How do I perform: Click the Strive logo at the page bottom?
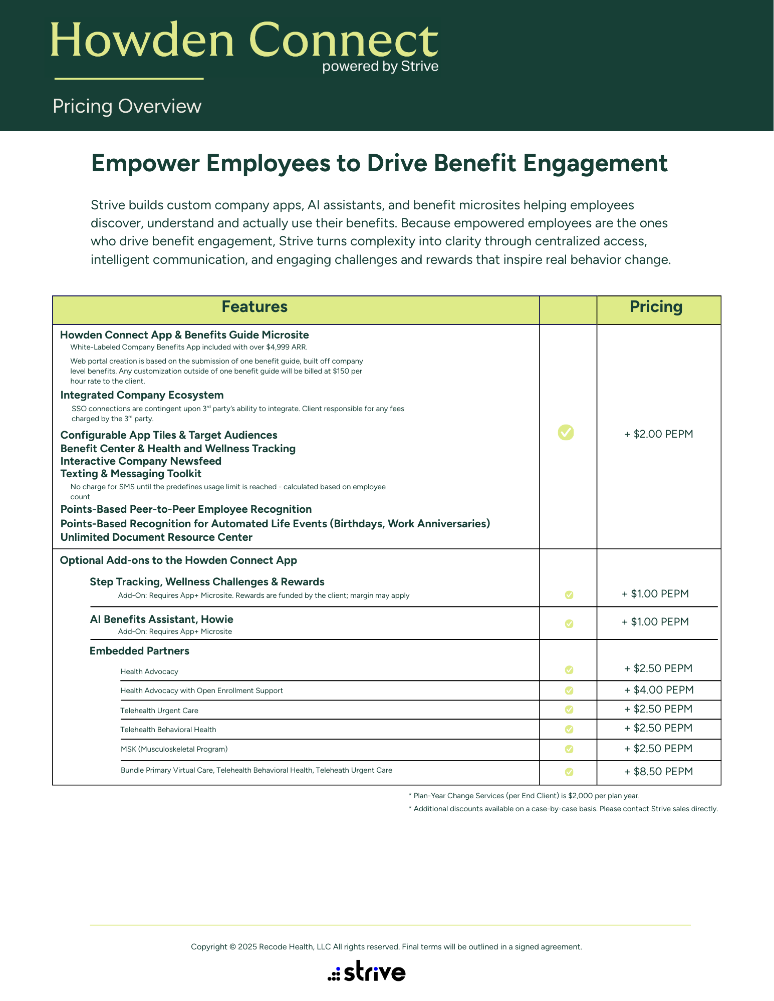click(x=367, y=971)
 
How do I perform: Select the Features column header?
click(x=254, y=307)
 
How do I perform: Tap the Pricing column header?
click(x=656, y=307)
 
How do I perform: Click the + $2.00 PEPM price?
click(x=658, y=434)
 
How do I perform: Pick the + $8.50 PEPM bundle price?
click(x=658, y=772)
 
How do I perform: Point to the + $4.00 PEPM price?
click(x=658, y=690)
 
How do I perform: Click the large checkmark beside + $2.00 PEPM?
click(x=566, y=433)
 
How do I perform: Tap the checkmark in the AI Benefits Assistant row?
click(x=569, y=624)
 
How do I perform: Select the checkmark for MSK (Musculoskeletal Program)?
click(x=569, y=749)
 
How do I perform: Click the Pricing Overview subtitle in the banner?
click(x=127, y=107)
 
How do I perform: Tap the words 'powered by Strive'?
click(x=380, y=67)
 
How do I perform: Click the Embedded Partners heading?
click(x=139, y=651)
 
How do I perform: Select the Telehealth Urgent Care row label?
click(x=159, y=711)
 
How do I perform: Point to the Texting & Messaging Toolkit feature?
click(x=131, y=474)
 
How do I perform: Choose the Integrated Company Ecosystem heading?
click(x=142, y=395)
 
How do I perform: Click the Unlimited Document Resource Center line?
click(x=156, y=537)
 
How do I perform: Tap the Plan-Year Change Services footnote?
click(x=524, y=796)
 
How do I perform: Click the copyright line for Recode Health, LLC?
click(x=386, y=947)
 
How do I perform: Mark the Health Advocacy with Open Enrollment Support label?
click(x=201, y=691)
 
